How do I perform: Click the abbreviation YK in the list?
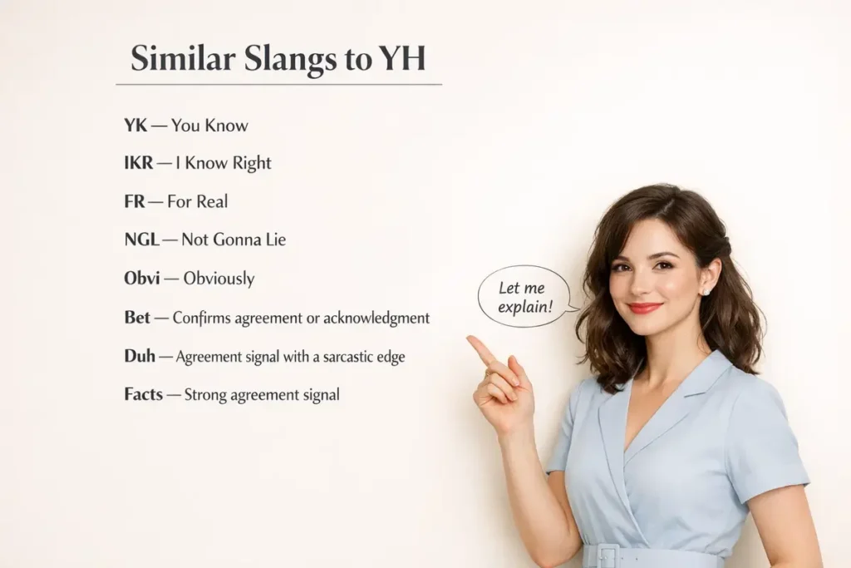pyautogui.click(x=135, y=126)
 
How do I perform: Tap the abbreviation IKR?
pyautogui.click(x=138, y=163)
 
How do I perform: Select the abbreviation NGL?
pyautogui.click(x=140, y=240)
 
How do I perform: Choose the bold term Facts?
pyautogui.click(x=143, y=394)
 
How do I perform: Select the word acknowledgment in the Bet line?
pyautogui.click(x=381, y=318)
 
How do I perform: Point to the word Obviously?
pyautogui.click(x=219, y=279)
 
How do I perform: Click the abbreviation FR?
pyautogui.click(x=134, y=201)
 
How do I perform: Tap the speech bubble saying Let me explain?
pyautogui.click(x=524, y=297)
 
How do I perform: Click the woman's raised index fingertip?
pyautogui.click(x=471, y=339)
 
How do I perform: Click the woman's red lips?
pyautogui.click(x=645, y=308)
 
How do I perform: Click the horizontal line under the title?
pyautogui.click(x=278, y=85)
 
